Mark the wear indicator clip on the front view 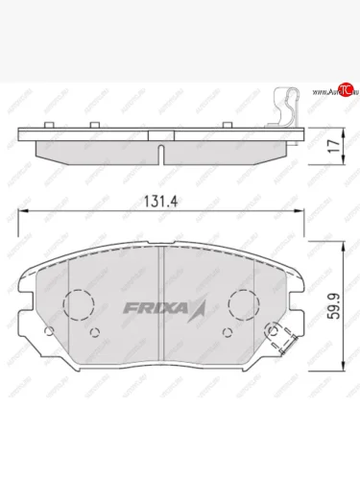pos(279,336)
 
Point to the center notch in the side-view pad pos(161,154)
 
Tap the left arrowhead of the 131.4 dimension pos(25,214)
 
